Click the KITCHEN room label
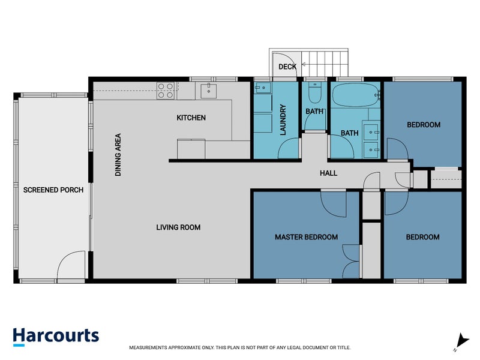click(191, 118)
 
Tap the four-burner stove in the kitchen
click(166, 91)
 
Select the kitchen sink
click(208, 90)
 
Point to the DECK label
click(287, 67)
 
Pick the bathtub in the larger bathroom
click(354, 94)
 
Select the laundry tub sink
click(262, 89)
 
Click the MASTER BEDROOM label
click(306, 237)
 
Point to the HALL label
click(328, 173)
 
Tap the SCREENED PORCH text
click(53, 190)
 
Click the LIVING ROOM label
click(178, 227)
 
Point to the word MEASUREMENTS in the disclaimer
click(152, 347)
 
